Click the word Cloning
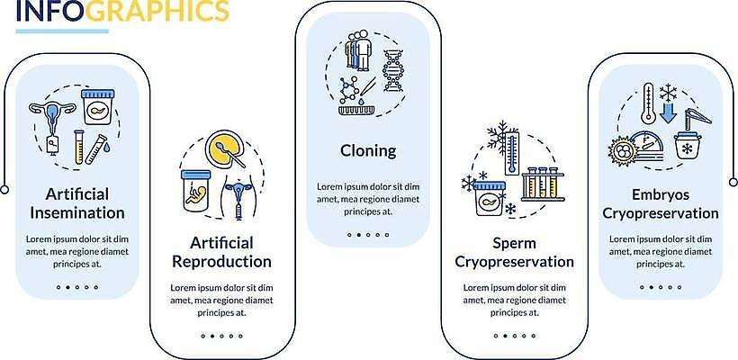tap(368, 151)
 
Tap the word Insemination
tap(77, 212)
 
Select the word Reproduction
tap(221, 261)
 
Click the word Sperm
tap(515, 244)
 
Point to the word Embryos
tap(661, 194)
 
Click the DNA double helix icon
tap(393, 70)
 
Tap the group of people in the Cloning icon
tap(357, 49)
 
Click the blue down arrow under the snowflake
tap(668, 112)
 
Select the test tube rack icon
tap(543, 184)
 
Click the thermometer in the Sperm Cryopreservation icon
tap(511, 152)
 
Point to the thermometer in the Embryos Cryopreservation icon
tap(648, 103)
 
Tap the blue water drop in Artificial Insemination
tap(108, 148)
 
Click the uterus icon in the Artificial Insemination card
tap(52, 117)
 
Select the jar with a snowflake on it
tap(688, 147)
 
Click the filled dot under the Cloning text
tap(358, 234)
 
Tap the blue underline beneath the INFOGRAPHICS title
tap(62, 31)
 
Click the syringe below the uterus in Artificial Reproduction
tap(238, 208)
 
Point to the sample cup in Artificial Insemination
tap(97, 107)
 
